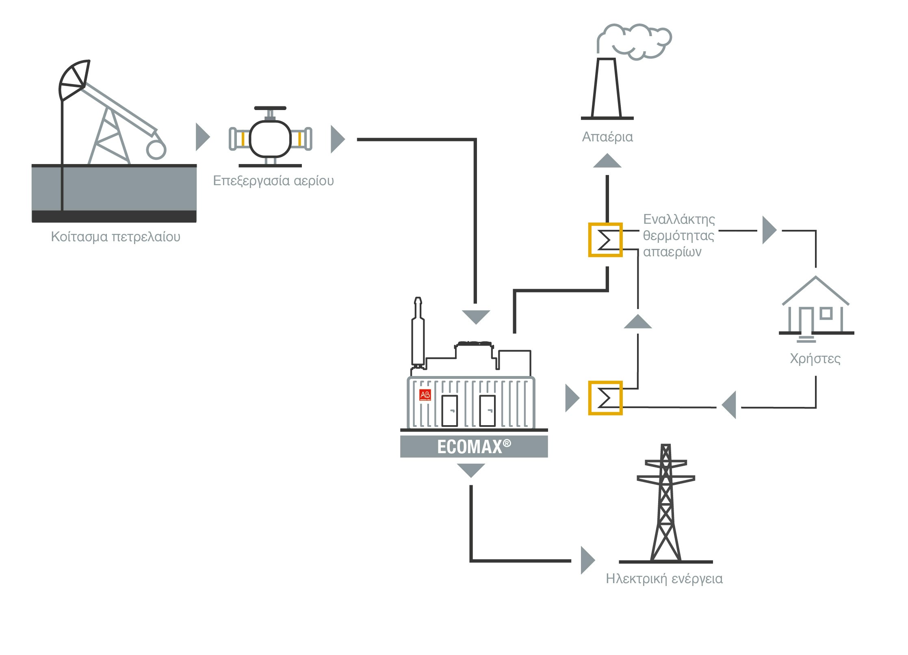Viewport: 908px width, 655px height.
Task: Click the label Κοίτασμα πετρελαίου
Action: pos(115,236)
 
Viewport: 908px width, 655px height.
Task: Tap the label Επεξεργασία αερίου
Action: pos(273,180)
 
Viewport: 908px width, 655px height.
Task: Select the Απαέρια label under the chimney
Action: pos(607,136)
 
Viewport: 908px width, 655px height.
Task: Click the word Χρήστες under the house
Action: pos(815,359)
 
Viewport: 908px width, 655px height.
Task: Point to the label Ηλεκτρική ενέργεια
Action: pos(664,578)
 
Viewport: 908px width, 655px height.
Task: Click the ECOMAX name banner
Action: pos(474,447)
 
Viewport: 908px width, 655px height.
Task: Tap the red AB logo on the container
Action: pos(425,395)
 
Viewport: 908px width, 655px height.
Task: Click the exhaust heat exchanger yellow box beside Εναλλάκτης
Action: pos(605,240)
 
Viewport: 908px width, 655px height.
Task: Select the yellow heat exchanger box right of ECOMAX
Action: pos(605,398)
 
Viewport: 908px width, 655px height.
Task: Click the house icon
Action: pos(816,307)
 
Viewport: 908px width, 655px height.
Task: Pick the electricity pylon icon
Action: pos(665,504)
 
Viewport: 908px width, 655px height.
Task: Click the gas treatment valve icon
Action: pos(270,138)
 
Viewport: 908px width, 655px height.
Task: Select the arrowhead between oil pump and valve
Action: pos(202,137)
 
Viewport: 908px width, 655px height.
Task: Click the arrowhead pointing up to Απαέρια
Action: pos(607,161)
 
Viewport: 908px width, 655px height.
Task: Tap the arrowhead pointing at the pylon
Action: pos(587,560)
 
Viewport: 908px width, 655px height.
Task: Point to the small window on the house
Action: pos(826,313)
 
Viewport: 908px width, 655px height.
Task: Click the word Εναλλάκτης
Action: pos(679,219)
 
